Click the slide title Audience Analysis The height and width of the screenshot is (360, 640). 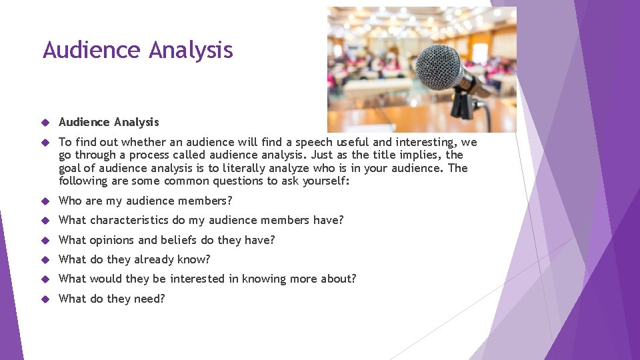[137, 50]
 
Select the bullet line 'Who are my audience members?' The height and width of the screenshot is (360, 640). [145, 201]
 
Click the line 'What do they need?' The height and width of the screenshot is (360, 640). [111, 299]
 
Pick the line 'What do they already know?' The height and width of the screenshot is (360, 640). [134, 259]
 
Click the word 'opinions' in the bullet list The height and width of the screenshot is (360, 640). [111, 240]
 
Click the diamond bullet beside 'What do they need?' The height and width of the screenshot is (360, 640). [45, 299]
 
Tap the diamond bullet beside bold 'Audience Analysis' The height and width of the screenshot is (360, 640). [45, 123]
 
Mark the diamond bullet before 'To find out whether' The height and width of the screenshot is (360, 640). [45, 143]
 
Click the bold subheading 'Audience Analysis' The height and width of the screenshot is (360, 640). [109, 122]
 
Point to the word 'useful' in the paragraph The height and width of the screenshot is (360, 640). [353, 142]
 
